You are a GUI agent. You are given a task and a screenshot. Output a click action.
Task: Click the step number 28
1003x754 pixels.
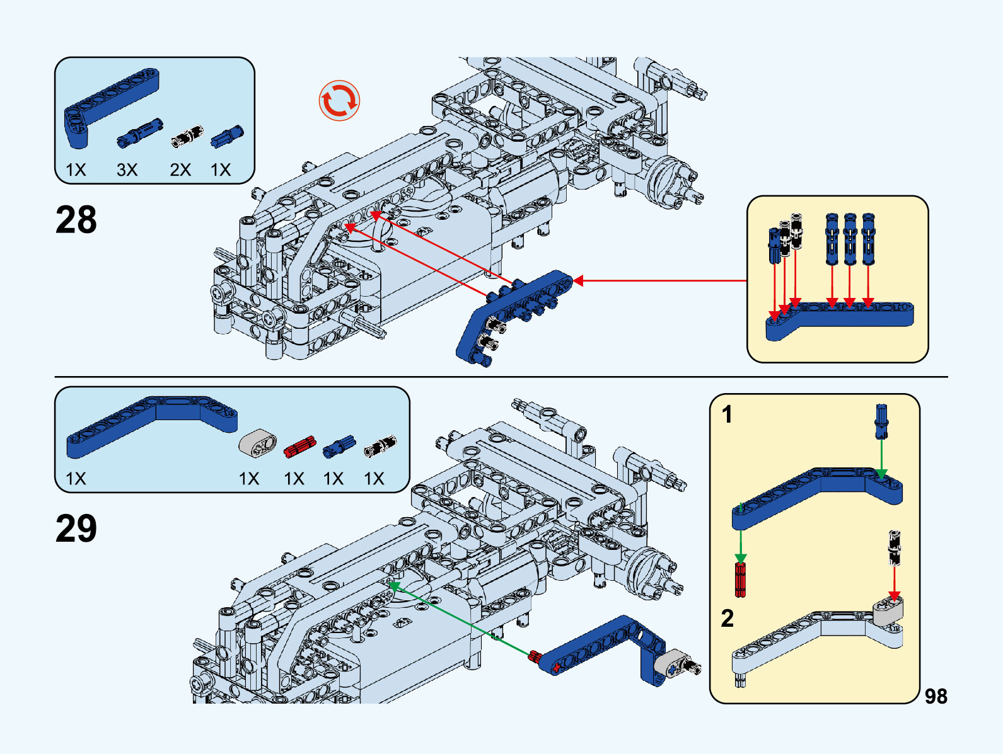point(76,220)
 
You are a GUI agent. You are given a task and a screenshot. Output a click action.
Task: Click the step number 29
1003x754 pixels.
point(76,528)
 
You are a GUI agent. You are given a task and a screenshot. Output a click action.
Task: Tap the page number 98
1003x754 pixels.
point(936,696)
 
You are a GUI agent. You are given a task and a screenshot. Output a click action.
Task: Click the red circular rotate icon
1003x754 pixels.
point(339,100)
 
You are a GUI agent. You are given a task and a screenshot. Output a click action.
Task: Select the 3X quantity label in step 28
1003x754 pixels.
point(127,169)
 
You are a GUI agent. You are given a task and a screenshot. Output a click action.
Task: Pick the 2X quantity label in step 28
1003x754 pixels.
point(180,169)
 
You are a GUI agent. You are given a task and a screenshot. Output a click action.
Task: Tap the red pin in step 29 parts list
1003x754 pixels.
point(299,446)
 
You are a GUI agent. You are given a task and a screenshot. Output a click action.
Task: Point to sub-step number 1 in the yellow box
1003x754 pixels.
point(728,414)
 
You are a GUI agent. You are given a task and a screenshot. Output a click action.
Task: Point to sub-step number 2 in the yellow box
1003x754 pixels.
point(728,618)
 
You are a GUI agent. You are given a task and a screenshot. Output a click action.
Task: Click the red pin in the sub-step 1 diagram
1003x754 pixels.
point(741,579)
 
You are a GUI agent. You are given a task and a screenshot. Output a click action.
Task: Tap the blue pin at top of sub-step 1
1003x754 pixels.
point(881,420)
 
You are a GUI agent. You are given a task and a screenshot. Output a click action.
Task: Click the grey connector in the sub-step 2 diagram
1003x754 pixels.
point(888,611)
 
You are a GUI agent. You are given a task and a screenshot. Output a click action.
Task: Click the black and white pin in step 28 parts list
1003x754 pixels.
point(187,135)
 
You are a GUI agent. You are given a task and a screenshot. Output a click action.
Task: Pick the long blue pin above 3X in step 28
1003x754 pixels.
point(140,133)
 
